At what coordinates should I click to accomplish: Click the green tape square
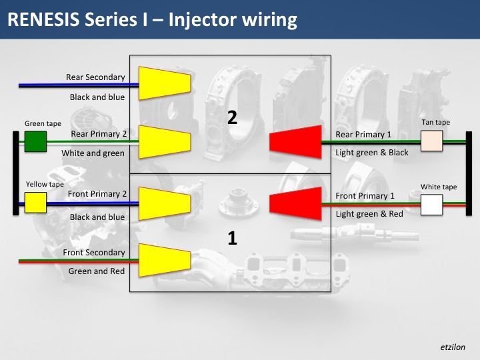(x=35, y=142)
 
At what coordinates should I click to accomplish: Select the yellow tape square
(x=35, y=203)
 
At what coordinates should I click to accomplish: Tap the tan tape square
(x=432, y=141)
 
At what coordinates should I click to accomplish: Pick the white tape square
(x=432, y=205)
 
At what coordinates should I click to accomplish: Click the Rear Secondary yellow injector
(x=164, y=82)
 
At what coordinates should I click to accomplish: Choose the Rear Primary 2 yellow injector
(x=164, y=142)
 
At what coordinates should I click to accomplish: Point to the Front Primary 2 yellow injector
(x=164, y=203)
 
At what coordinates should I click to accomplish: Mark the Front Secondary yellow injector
(x=164, y=260)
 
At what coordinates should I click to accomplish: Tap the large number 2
(x=232, y=118)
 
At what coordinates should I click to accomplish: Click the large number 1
(x=232, y=238)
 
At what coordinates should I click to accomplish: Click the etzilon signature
(x=453, y=347)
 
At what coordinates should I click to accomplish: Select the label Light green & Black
(x=372, y=153)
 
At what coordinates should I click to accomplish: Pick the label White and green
(x=93, y=153)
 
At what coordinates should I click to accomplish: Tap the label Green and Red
(x=97, y=271)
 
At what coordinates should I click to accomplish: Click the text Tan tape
(x=436, y=123)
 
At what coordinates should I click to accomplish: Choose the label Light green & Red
(x=369, y=213)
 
